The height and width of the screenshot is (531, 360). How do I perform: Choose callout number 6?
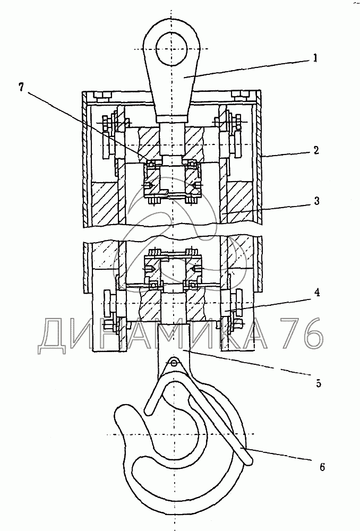[322, 467]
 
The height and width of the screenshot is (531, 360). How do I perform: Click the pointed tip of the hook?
[123, 411]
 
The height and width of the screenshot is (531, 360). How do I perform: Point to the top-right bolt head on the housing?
[239, 97]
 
